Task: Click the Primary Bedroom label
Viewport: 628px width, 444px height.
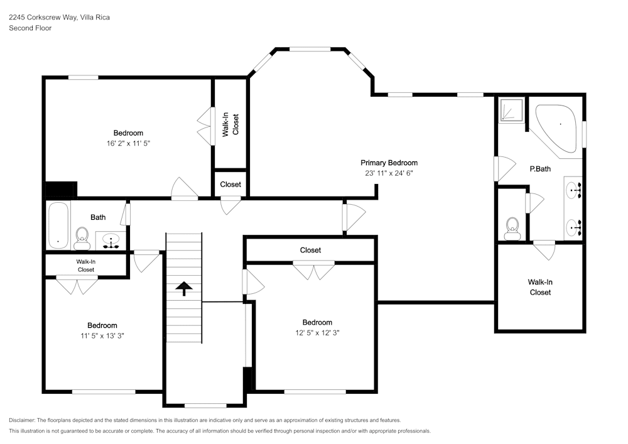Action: [x=389, y=163]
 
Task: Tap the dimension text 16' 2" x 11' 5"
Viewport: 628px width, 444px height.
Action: [x=128, y=143]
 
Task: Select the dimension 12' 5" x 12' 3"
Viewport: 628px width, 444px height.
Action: [x=317, y=333]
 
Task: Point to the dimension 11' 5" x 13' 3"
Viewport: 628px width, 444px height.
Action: [x=102, y=335]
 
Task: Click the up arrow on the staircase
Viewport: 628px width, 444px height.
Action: [x=183, y=288]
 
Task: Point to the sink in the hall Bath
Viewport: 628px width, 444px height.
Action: [x=112, y=241]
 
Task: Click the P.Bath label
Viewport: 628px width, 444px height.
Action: [x=540, y=169]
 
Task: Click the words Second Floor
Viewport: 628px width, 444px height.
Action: [x=30, y=28]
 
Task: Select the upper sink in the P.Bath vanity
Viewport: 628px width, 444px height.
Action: [x=573, y=188]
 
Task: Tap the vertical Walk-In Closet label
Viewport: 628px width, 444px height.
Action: [x=230, y=124]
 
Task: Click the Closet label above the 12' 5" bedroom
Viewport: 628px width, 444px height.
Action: [x=310, y=250]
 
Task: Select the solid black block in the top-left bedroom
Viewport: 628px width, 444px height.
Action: [x=61, y=190]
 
